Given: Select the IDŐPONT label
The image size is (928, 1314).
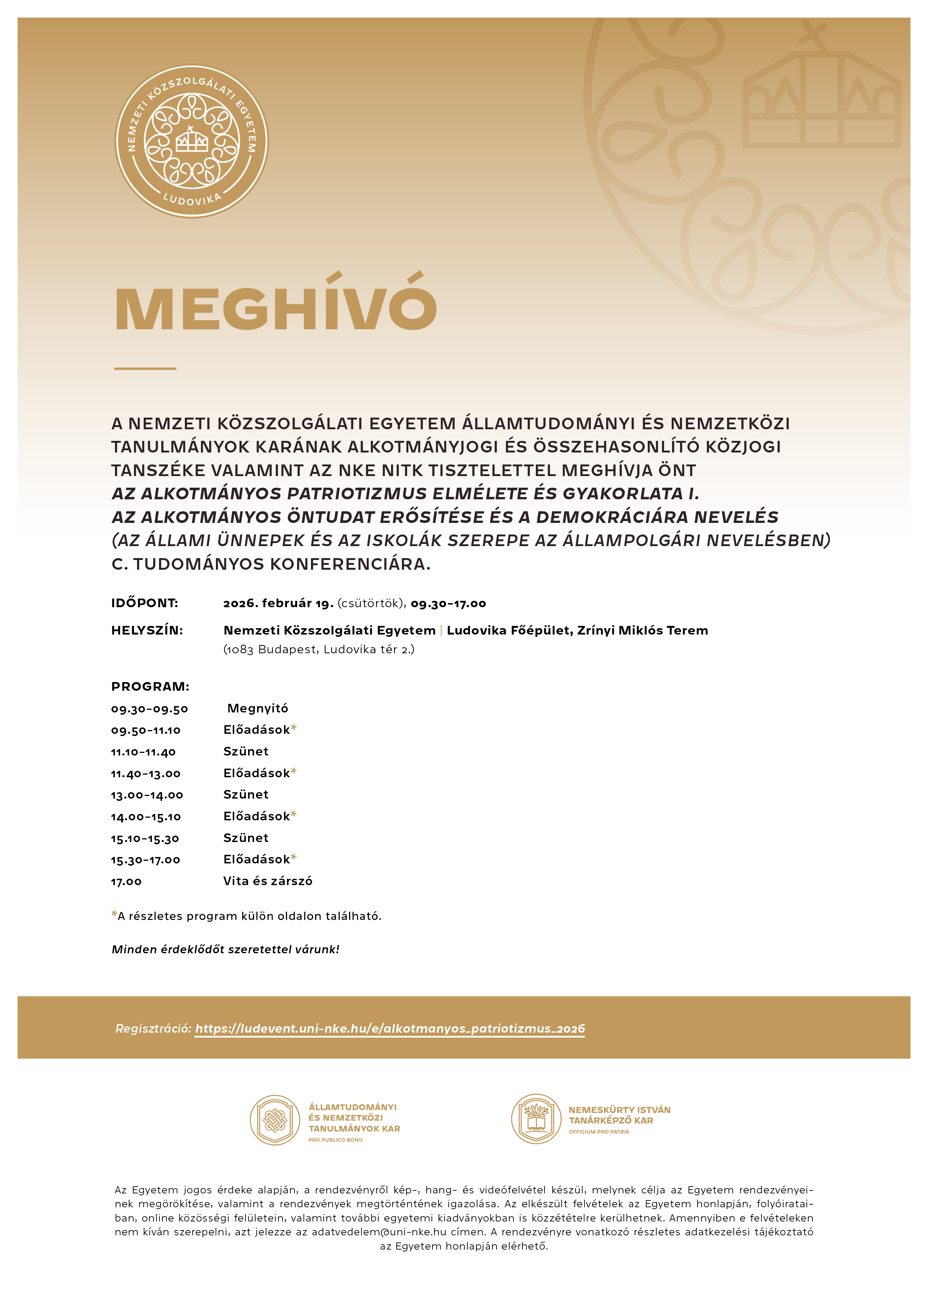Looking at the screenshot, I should click(145, 603).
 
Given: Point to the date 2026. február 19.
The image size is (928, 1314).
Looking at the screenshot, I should click(278, 603).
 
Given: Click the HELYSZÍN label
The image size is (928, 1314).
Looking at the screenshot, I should click(147, 630).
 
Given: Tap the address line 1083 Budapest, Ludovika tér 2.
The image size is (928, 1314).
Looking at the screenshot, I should click(318, 649).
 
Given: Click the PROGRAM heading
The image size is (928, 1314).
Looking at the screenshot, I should click(150, 686).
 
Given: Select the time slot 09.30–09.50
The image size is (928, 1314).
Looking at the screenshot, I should click(149, 709).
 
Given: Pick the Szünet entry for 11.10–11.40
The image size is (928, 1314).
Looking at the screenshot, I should click(246, 751).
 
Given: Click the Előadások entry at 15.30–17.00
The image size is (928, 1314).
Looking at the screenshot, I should click(257, 859).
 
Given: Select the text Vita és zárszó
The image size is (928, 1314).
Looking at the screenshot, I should click(268, 881).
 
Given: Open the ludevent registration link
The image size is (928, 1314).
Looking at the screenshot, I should click(390, 1029).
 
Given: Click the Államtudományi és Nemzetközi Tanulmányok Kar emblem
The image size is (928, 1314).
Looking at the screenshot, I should click(275, 1120).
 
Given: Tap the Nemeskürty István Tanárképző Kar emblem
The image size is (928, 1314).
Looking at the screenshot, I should click(536, 1119).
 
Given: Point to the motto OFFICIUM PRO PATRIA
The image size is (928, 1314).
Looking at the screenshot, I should click(599, 1132).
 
